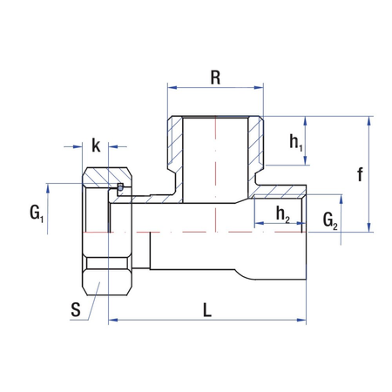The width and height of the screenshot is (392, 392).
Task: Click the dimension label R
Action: pos(214,76)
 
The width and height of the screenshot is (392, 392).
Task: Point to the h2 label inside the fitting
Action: pos(282,213)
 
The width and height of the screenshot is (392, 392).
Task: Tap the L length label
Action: pos(206,309)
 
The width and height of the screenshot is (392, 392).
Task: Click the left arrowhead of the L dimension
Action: pos(112,322)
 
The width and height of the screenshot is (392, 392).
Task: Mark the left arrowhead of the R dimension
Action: pos(171,88)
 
